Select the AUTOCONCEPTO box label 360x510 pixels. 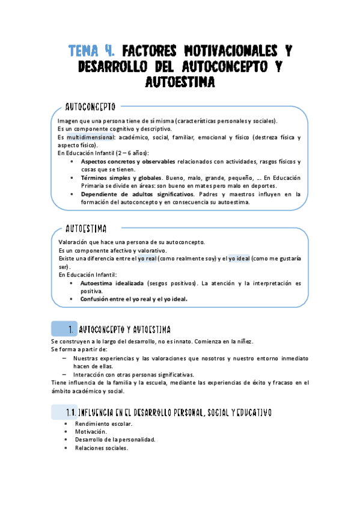pos(90,108)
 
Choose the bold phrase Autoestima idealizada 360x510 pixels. pos(112,283)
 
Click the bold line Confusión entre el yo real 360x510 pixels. pos(133,298)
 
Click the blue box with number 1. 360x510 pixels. pos(64,329)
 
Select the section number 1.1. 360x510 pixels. pos(73,413)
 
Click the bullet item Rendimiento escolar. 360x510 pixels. pos(103,423)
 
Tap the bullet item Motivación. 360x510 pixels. pos(91,431)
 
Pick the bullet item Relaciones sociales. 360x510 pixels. pos(102,447)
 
